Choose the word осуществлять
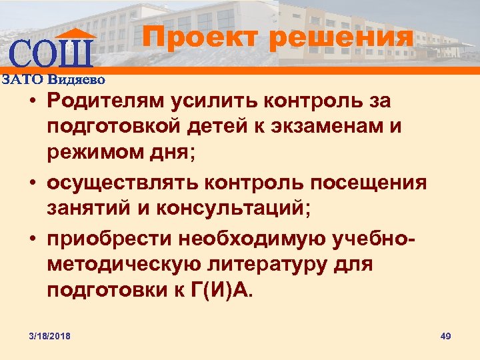[x=117, y=183]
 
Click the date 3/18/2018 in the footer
[x=50, y=335]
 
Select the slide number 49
[x=446, y=335]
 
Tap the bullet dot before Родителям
[x=31, y=103]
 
